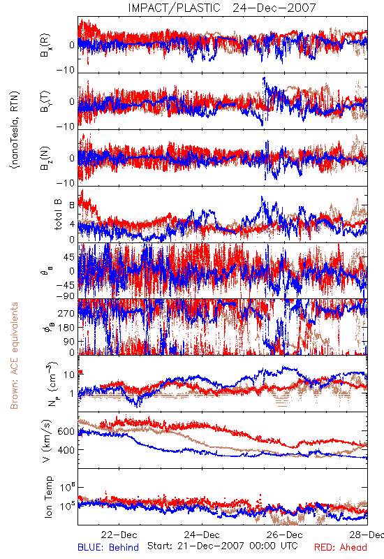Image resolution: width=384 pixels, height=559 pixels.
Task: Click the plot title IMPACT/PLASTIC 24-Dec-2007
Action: pos(222,8)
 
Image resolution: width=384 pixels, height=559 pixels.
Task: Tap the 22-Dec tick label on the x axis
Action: pos(119,535)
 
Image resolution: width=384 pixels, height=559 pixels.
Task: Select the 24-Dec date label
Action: pos(202,535)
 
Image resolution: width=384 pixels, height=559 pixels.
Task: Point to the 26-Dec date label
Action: pos(285,535)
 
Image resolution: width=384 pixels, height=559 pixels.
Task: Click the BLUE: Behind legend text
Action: pos(108,547)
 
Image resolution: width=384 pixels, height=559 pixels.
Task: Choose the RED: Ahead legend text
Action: pos(341,547)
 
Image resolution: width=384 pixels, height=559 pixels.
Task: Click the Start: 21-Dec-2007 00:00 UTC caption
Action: pos(223,546)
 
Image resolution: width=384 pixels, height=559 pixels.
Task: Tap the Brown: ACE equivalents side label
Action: pos(14,356)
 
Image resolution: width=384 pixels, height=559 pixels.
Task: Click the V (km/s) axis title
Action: pos(47,441)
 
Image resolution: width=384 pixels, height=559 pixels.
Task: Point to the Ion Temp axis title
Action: pos(48,497)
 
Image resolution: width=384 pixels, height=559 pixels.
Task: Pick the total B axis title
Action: pos(58,215)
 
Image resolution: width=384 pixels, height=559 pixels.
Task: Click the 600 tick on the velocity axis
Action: pos(66,431)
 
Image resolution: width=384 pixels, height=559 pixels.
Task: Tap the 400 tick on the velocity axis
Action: pos(66,450)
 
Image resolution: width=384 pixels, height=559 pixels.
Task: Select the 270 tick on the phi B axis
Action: pos(66,313)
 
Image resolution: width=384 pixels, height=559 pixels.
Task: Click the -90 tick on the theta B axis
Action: pos(66,296)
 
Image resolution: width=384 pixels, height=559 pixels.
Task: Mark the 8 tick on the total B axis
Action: pos(72,205)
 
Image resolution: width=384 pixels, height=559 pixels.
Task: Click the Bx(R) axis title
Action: pos(45,45)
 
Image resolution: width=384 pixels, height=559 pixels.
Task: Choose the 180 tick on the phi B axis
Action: pos(66,328)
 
